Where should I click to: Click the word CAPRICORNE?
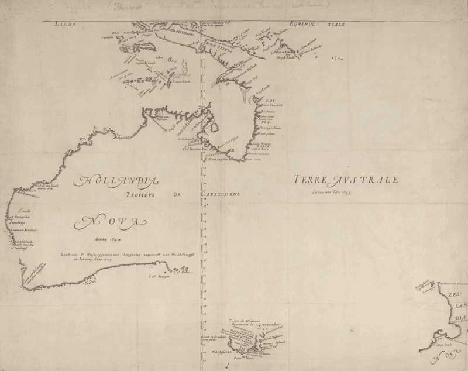coord(221,194)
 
